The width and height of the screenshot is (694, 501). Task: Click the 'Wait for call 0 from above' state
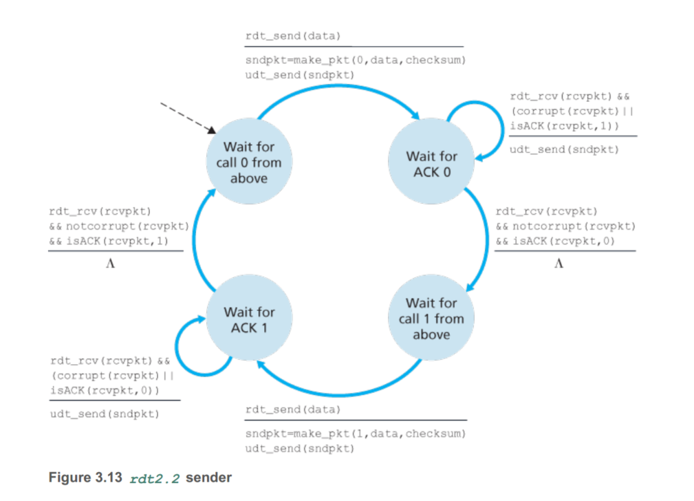click(x=248, y=162)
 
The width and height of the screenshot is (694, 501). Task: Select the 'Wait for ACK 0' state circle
click(x=431, y=164)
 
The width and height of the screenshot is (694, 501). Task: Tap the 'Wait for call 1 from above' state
click(x=431, y=318)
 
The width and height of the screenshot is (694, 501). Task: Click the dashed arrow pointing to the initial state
click(x=186, y=117)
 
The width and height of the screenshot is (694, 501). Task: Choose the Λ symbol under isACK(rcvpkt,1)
click(x=110, y=264)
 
